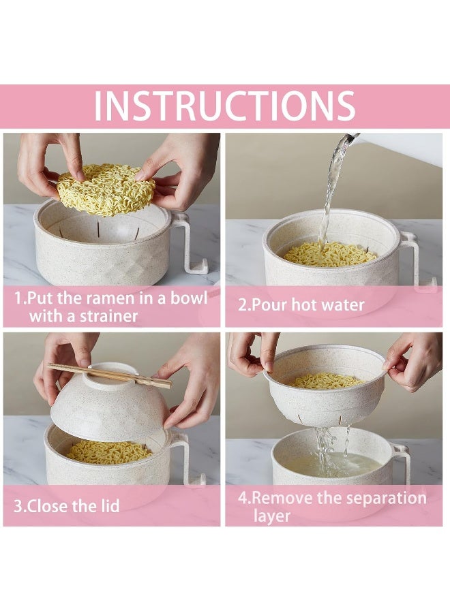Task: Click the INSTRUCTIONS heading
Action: pyautogui.click(x=224, y=106)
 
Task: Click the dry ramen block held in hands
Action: pyautogui.click(x=105, y=189)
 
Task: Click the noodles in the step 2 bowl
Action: pyautogui.click(x=330, y=254)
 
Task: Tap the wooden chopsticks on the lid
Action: pyautogui.click(x=109, y=375)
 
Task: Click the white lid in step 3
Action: pyautogui.click(x=109, y=405)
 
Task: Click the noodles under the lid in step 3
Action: pyautogui.click(x=109, y=450)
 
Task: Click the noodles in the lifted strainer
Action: pyautogui.click(x=329, y=381)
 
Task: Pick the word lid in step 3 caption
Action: pyautogui.click(x=106, y=506)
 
